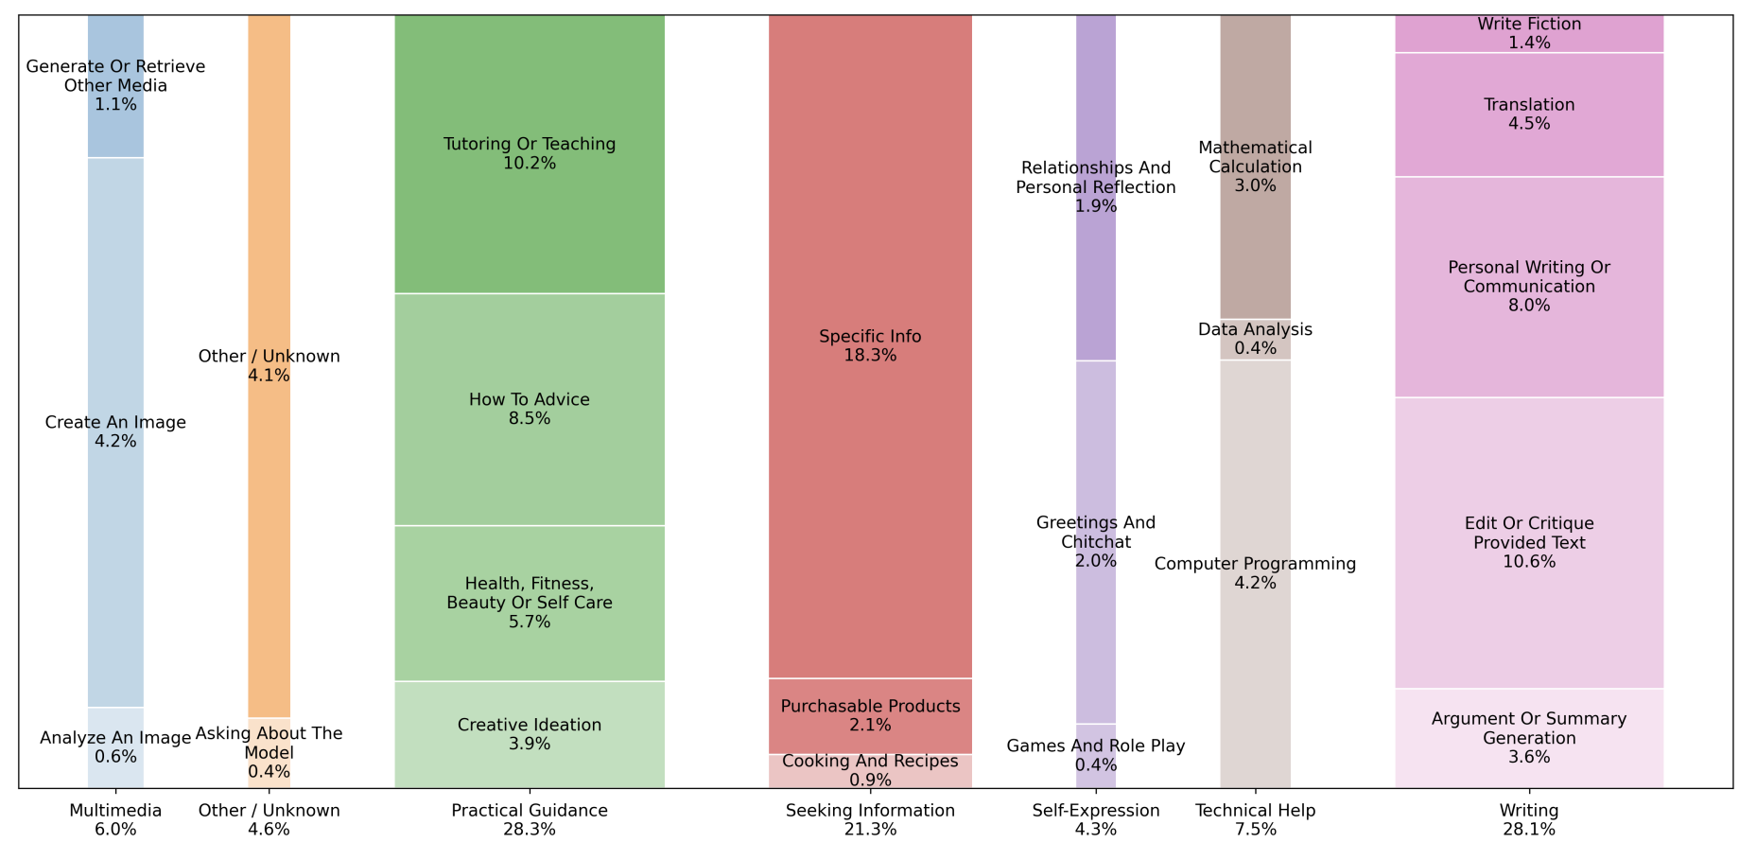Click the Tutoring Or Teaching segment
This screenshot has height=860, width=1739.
pyautogui.click(x=529, y=153)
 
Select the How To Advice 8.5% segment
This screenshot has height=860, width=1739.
pyautogui.click(x=529, y=409)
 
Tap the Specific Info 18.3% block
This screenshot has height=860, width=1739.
pyautogui.click(x=870, y=346)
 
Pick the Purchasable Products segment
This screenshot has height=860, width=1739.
pyautogui.click(x=870, y=716)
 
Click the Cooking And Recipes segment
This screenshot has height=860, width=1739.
pyautogui.click(x=870, y=771)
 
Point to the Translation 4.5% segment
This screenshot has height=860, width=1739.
pyautogui.click(x=1528, y=114)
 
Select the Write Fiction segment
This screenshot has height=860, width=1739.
pyautogui.click(x=1528, y=33)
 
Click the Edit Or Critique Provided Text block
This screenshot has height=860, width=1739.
pyautogui.click(x=1528, y=542)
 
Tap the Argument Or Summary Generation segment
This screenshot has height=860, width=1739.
pyautogui.click(x=1528, y=738)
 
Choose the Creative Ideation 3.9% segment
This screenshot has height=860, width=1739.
pyautogui.click(x=529, y=734)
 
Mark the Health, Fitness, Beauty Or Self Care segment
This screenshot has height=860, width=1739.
pyautogui.click(x=529, y=603)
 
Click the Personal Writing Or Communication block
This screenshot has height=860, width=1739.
pyautogui.click(x=1528, y=287)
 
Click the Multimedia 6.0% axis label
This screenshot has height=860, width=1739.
pyautogui.click(x=115, y=820)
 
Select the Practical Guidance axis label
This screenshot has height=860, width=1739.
pyautogui.click(x=529, y=820)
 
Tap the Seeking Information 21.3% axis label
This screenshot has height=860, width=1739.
pyautogui.click(x=870, y=820)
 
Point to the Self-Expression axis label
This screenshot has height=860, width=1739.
pyautogui.click(x=1095, y=820)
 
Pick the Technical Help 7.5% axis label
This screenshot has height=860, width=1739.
pyautogui.click(x=1255, y=820)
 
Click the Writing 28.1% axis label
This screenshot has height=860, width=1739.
pyautogui.click(x=1528, y=820)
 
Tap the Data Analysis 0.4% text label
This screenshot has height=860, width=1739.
pyautogui.click(x=1255, y=339)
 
